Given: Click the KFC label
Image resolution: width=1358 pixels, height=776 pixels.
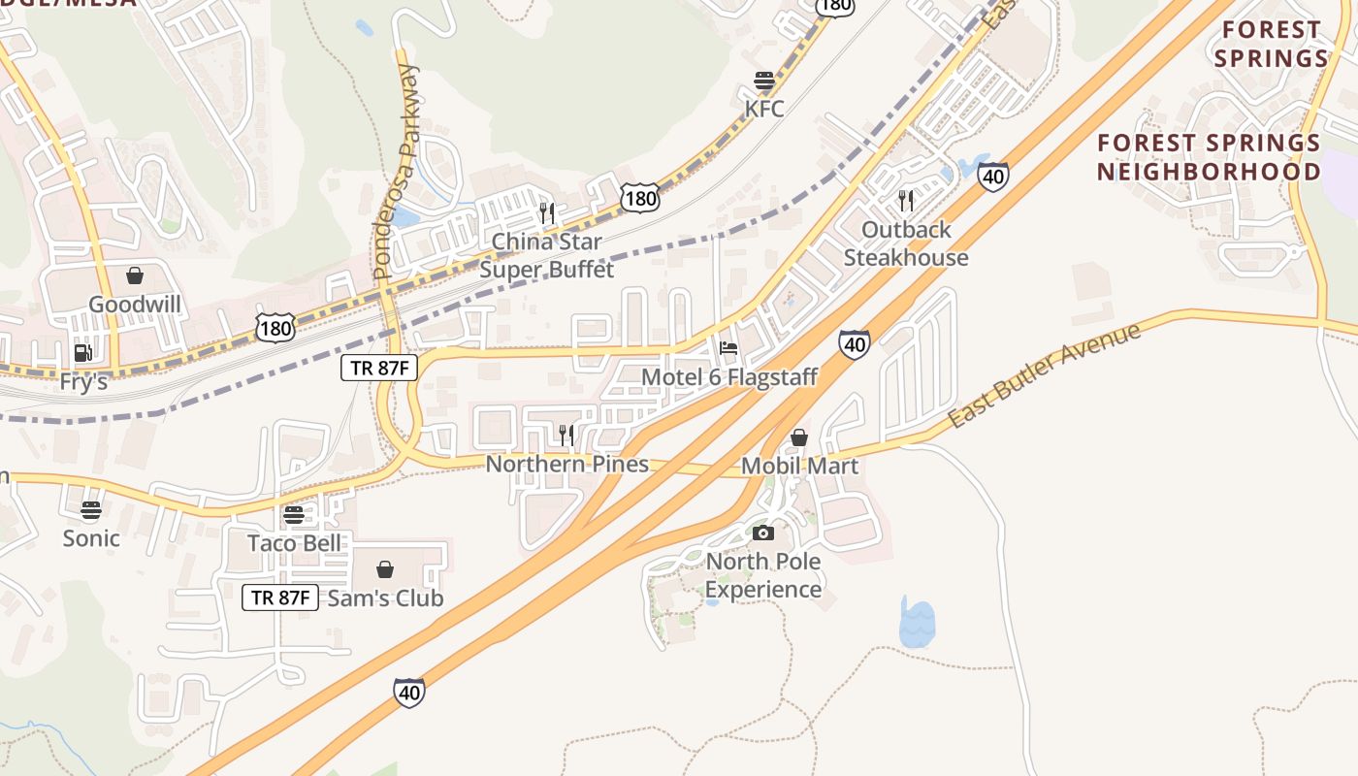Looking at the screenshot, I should click(764, 108).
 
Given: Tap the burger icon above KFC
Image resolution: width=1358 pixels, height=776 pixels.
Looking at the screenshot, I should click(764, 81).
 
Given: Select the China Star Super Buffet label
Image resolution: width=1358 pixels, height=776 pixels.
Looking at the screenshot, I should click(547, 255).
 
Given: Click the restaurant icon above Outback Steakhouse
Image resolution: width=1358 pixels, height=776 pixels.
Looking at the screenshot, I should click(906, 201).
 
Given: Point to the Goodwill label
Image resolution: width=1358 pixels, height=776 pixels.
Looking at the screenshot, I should click(135, 305).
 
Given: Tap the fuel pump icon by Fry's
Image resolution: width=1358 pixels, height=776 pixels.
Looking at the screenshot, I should click(83, 353).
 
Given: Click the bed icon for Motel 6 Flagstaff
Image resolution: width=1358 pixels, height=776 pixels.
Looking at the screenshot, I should click(729, 348).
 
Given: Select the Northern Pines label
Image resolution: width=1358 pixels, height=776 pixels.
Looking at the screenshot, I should click(567, 464).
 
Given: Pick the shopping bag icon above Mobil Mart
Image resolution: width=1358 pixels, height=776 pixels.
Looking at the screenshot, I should click(799, 437).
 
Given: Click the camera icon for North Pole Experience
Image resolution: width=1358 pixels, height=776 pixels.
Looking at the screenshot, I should click(763, 533).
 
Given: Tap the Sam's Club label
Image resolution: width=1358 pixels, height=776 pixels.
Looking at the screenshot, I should click(386, 598).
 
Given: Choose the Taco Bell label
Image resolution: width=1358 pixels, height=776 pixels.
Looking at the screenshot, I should click(295, 542).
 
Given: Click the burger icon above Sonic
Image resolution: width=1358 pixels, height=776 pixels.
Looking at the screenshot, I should click(91, 510).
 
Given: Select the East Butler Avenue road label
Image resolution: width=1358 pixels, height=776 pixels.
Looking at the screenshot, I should click(1044, 376).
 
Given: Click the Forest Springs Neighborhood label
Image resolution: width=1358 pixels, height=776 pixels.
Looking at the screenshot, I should click(1209, 157).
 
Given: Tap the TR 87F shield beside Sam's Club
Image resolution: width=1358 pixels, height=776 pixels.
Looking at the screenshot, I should click(280, 598).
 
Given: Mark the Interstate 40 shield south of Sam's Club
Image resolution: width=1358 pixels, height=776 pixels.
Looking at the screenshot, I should click(409, 693).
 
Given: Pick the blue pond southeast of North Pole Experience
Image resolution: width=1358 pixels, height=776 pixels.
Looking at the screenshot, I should click(917, 624).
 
